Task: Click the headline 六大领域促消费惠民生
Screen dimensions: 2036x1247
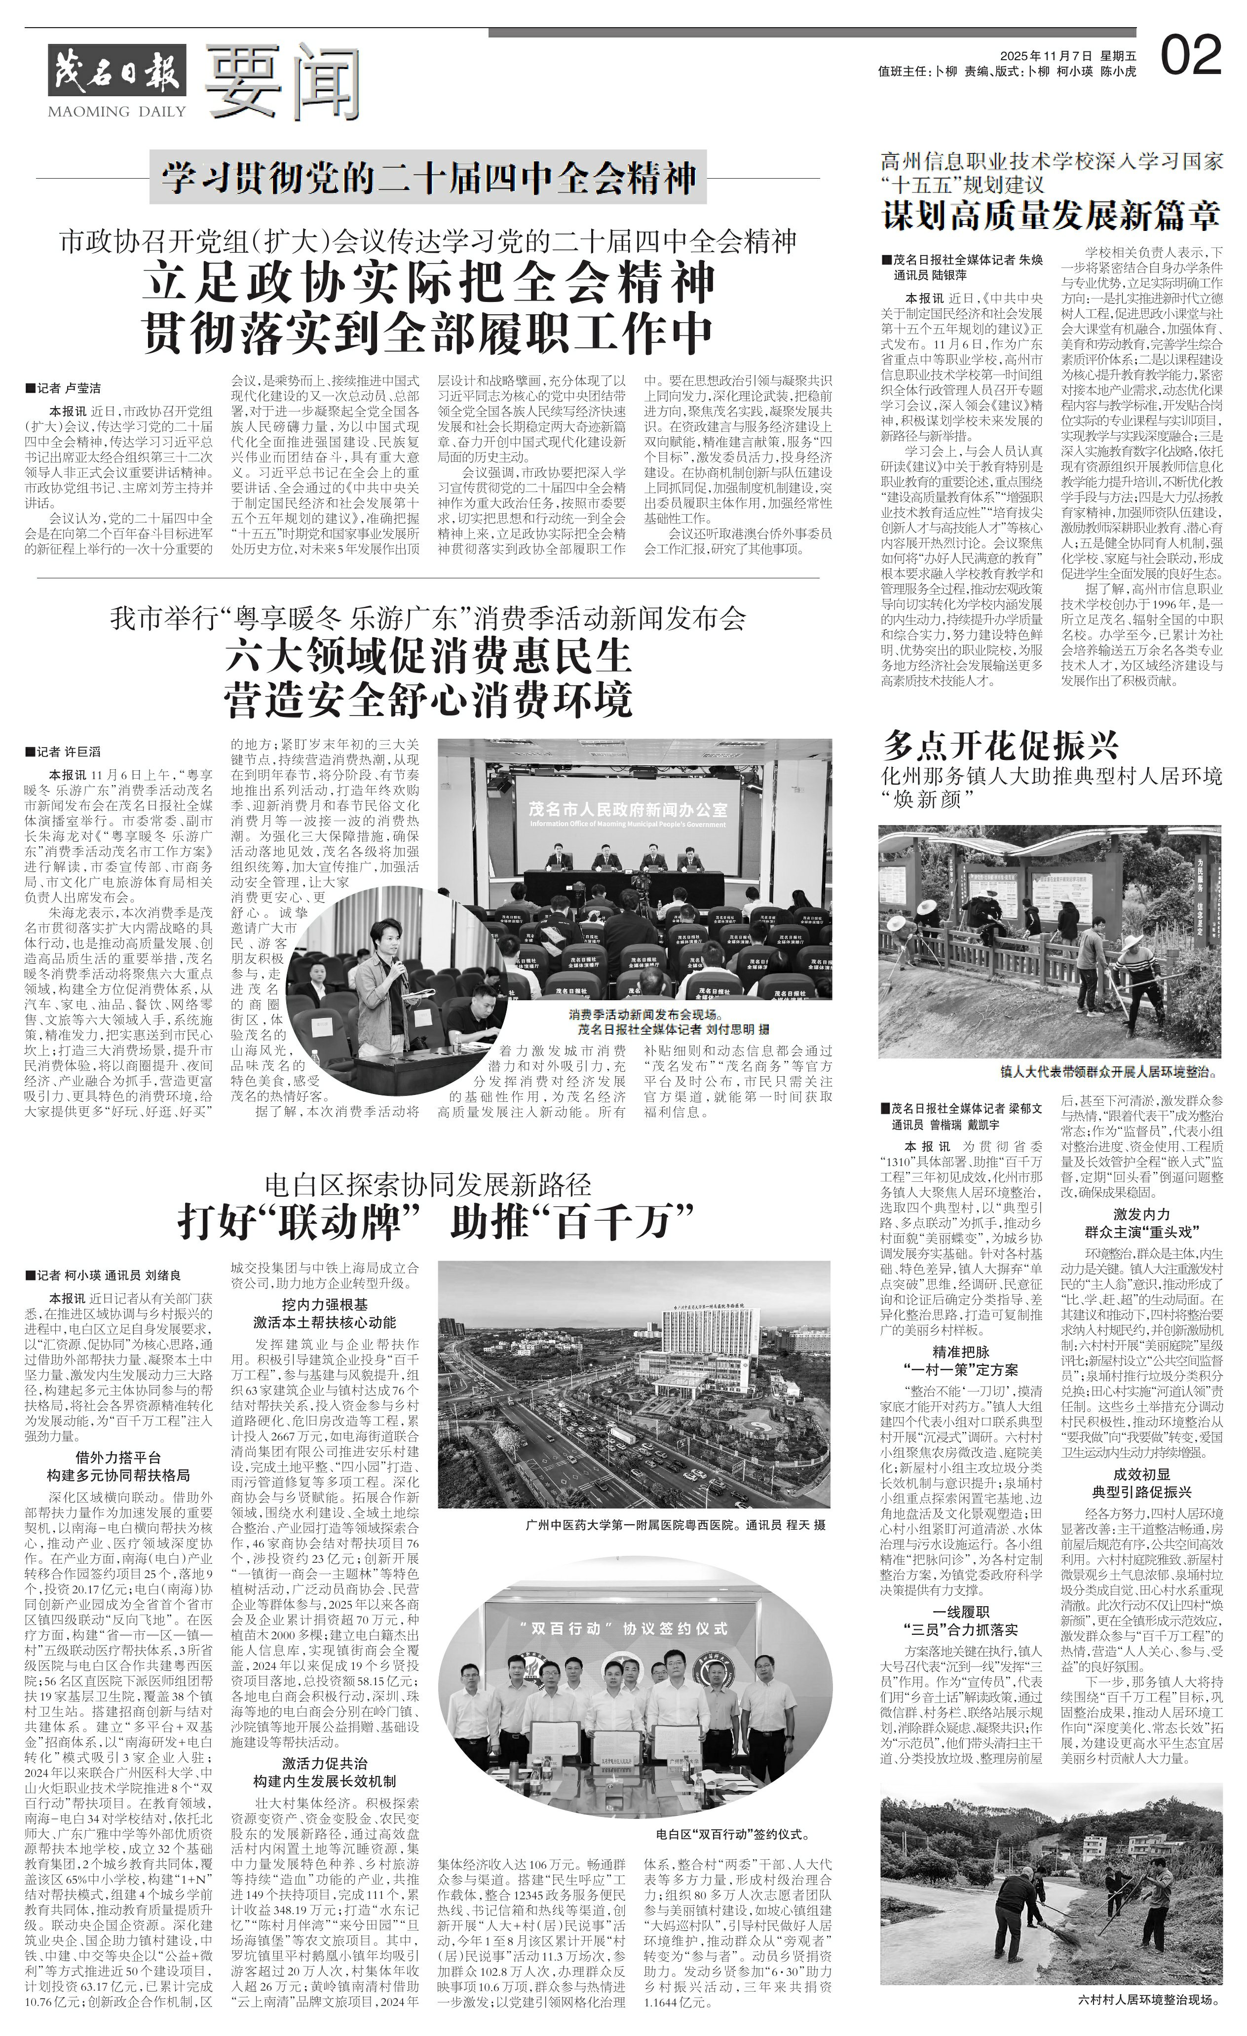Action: coord(428,657)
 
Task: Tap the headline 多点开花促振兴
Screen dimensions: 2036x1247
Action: coord(1000,745)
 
